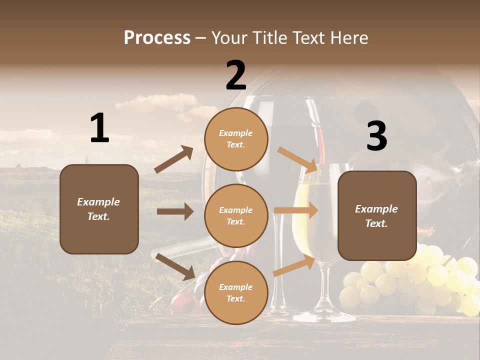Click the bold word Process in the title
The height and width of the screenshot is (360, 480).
point(157,37)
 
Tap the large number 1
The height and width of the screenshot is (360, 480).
point(99,128)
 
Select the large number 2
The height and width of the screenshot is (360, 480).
point(236,75)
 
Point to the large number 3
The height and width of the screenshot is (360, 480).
point(376,136)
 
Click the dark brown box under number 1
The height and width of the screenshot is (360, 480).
point(99,209)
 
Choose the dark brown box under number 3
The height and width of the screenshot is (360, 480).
point(377,216)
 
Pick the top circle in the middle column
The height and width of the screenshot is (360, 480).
point(236,139)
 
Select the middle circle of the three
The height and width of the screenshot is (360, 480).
point(236,215)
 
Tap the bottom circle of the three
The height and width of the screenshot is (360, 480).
point(236,292)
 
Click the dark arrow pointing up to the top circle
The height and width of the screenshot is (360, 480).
point(173,160)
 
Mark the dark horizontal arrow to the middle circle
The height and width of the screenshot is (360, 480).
point(175,211)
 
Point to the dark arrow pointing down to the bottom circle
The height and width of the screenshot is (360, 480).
point(175,266)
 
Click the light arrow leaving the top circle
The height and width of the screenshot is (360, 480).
point(297,159)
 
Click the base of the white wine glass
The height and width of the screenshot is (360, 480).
point(324,315)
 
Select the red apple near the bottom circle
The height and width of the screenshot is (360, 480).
point(183,303)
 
